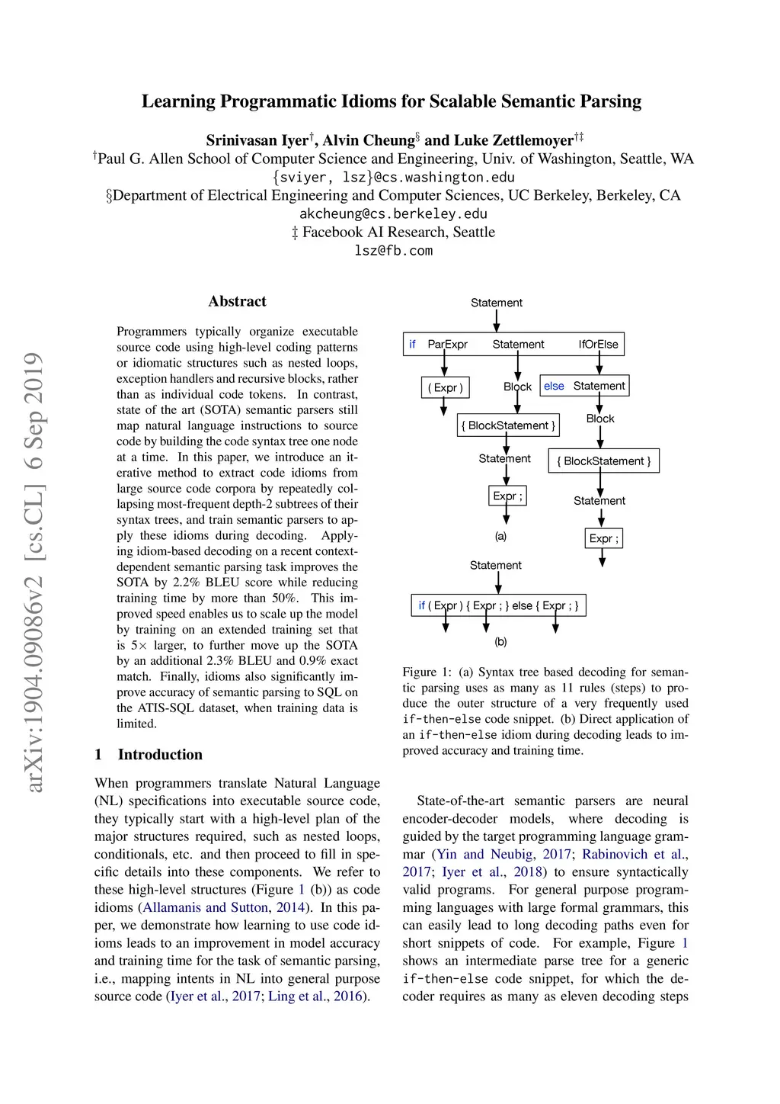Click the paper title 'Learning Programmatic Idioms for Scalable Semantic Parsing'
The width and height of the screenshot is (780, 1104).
click(391, 101)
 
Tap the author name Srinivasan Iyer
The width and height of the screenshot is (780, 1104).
click(257, 140)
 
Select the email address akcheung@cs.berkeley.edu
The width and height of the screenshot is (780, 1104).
click(393, 214)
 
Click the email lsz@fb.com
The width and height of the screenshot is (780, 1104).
click(393, 251)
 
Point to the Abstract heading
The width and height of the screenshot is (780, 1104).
click(237, 301)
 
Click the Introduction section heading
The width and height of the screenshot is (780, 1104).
click(160, 755)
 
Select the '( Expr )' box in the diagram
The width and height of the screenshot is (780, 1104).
click(445, 387)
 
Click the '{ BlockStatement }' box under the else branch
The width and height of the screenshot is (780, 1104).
click(603, 461)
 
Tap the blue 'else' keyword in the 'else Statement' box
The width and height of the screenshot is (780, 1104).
click(554, 386)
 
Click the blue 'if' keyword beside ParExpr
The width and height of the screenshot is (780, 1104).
click(412, 345)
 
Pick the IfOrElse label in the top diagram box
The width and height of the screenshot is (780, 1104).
click(598, 345)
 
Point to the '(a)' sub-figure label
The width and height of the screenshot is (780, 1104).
click(500, 536)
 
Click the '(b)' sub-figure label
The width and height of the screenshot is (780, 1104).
click(500, 642)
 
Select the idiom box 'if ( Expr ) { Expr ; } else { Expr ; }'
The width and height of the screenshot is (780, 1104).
click(498, 606)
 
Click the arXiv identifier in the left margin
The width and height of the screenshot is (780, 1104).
click(34, 572)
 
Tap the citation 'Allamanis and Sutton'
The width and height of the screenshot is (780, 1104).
click(206, 907)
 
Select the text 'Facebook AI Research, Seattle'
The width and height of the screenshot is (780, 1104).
click(398, 233)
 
